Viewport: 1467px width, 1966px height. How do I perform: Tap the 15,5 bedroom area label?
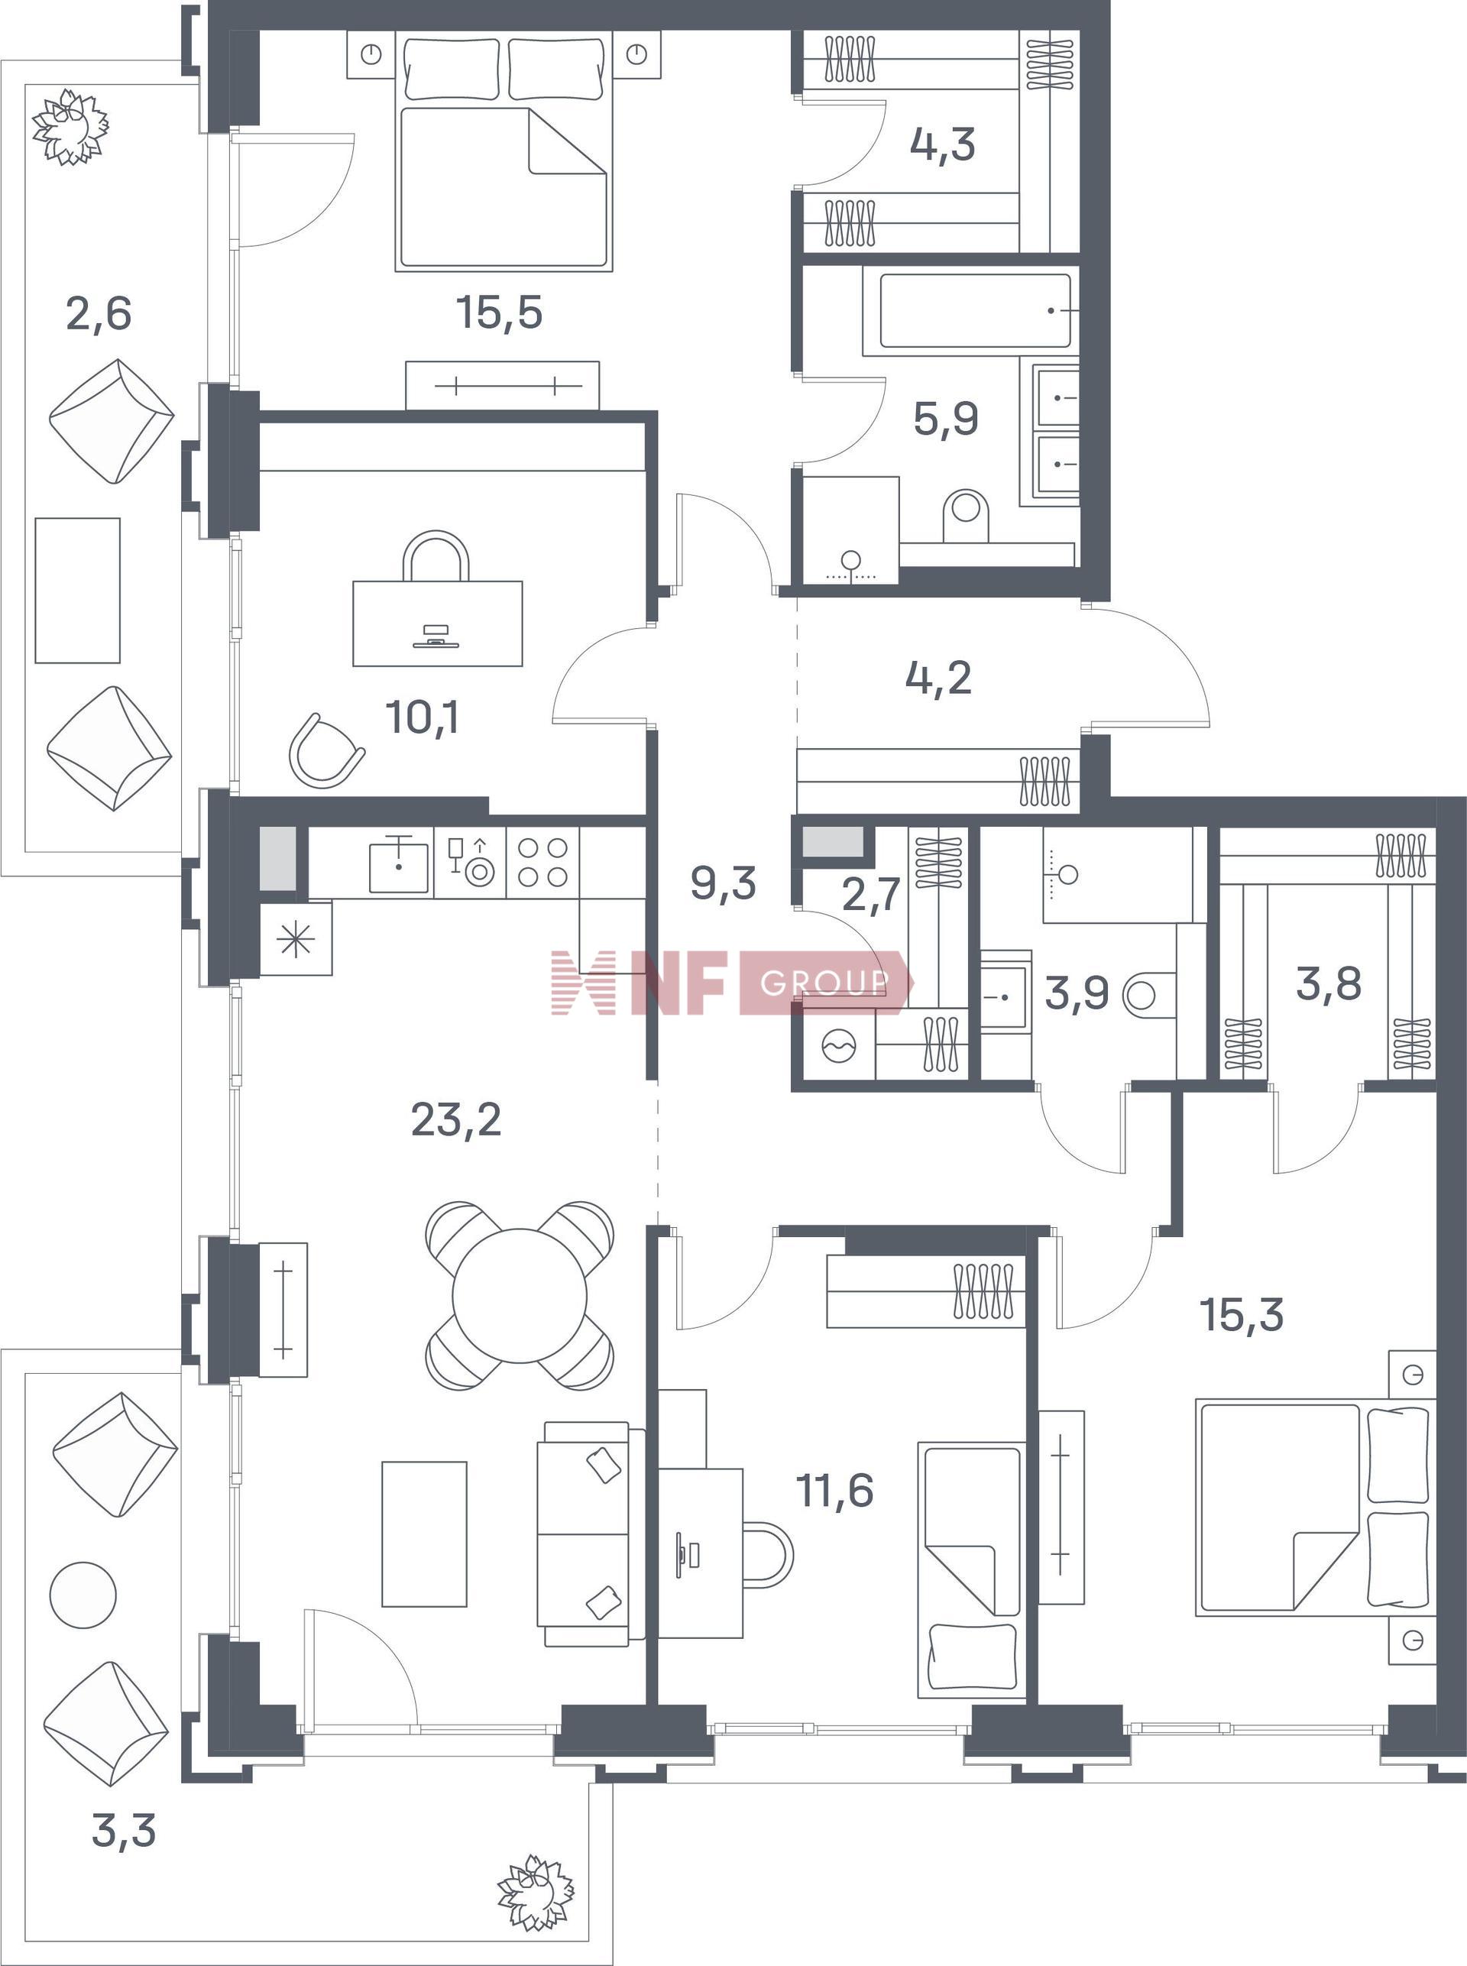click(x=499, y=313)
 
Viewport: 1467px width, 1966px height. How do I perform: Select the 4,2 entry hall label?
click(x=938, y=679)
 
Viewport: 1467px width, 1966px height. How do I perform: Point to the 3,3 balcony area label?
click(x=125, y=1830)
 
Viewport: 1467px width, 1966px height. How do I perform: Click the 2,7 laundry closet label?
click(x=871, y=893)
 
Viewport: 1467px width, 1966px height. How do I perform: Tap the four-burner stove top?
click(x=542, y=862)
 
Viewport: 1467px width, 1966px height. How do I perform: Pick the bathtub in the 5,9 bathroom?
click(x=975, y=311)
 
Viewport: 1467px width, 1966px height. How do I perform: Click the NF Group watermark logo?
click(x=732, y=983)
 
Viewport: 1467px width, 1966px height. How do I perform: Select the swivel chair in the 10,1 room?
click(x=325, y=750)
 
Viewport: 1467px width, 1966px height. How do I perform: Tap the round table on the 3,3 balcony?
click(x=83, y=1595)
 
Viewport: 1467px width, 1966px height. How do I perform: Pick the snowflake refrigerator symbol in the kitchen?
click(x=296, y=938)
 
